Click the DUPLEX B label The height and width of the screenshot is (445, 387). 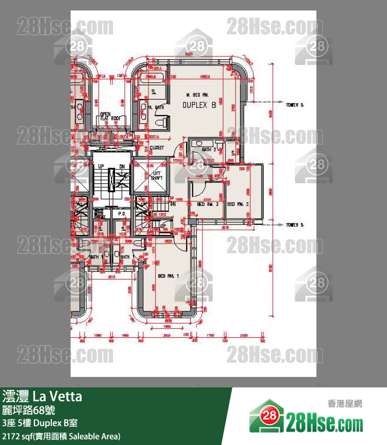point(199,105)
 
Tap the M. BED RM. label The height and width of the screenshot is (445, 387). point(196,95)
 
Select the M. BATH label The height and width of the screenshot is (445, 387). point(156,107)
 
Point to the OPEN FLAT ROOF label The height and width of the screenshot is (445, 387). point(110,116)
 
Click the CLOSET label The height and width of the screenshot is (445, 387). point(157,148)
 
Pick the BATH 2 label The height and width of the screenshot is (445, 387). point(209,150)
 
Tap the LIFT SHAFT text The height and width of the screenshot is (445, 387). point(157,176)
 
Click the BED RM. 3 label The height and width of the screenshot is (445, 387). point(207,204)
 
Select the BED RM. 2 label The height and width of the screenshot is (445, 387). point(237,204)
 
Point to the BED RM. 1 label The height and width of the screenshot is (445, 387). point(168,275)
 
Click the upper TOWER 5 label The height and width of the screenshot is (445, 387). point(294,105)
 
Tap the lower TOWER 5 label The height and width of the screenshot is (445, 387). point(294,225)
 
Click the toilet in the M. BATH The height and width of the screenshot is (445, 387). point(163,122)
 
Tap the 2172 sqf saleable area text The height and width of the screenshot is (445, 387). point(61,436)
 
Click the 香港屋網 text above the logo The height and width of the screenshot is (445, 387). point(345,403)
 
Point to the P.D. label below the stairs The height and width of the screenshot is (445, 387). point(121,214)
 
